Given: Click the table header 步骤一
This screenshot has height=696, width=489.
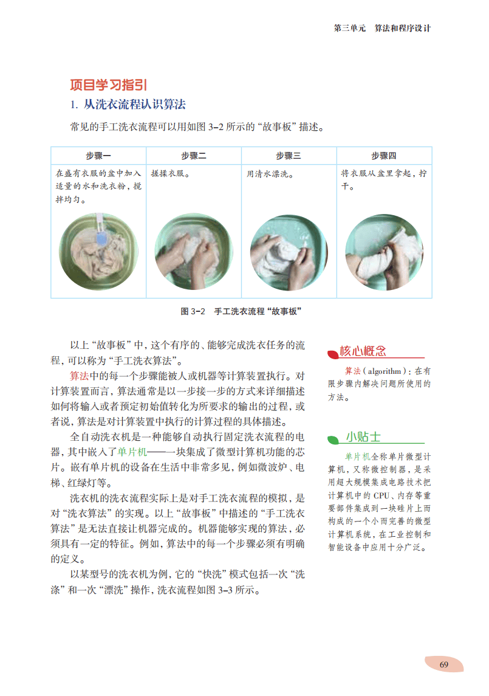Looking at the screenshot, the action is click(98, 156).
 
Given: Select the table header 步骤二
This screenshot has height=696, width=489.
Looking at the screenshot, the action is click(193, 156).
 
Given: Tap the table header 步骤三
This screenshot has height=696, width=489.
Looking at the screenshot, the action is click(289, 156).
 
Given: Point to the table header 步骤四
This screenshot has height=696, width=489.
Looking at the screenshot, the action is click(384, 156).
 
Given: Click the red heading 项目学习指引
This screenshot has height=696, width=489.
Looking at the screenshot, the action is click(108, 84).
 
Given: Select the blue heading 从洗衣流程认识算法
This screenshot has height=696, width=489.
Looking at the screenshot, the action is click(135, 105).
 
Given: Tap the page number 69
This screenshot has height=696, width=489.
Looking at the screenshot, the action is click(443, 664).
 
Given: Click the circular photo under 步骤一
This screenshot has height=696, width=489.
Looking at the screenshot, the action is click(98, 251).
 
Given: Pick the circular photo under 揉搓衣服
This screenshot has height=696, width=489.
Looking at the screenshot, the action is click(194, 252).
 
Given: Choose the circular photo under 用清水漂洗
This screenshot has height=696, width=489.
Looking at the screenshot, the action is click(289, 253).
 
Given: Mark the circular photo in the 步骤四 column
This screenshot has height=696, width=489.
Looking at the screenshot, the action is click(385, 253).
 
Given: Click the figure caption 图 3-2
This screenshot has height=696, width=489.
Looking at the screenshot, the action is click(193, 312).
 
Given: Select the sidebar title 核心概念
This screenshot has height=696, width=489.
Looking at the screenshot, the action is click(363, 351).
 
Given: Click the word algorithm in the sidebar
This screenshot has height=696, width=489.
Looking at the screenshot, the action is click(385, 371).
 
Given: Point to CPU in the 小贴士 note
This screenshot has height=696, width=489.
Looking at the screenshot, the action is click(381, 495).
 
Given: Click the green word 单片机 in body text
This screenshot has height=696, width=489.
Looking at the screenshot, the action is click(132, 452).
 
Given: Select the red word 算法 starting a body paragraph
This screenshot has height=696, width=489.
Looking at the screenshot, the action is click(80, 376).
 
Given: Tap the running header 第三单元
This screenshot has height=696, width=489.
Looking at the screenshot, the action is click(350, 28).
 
